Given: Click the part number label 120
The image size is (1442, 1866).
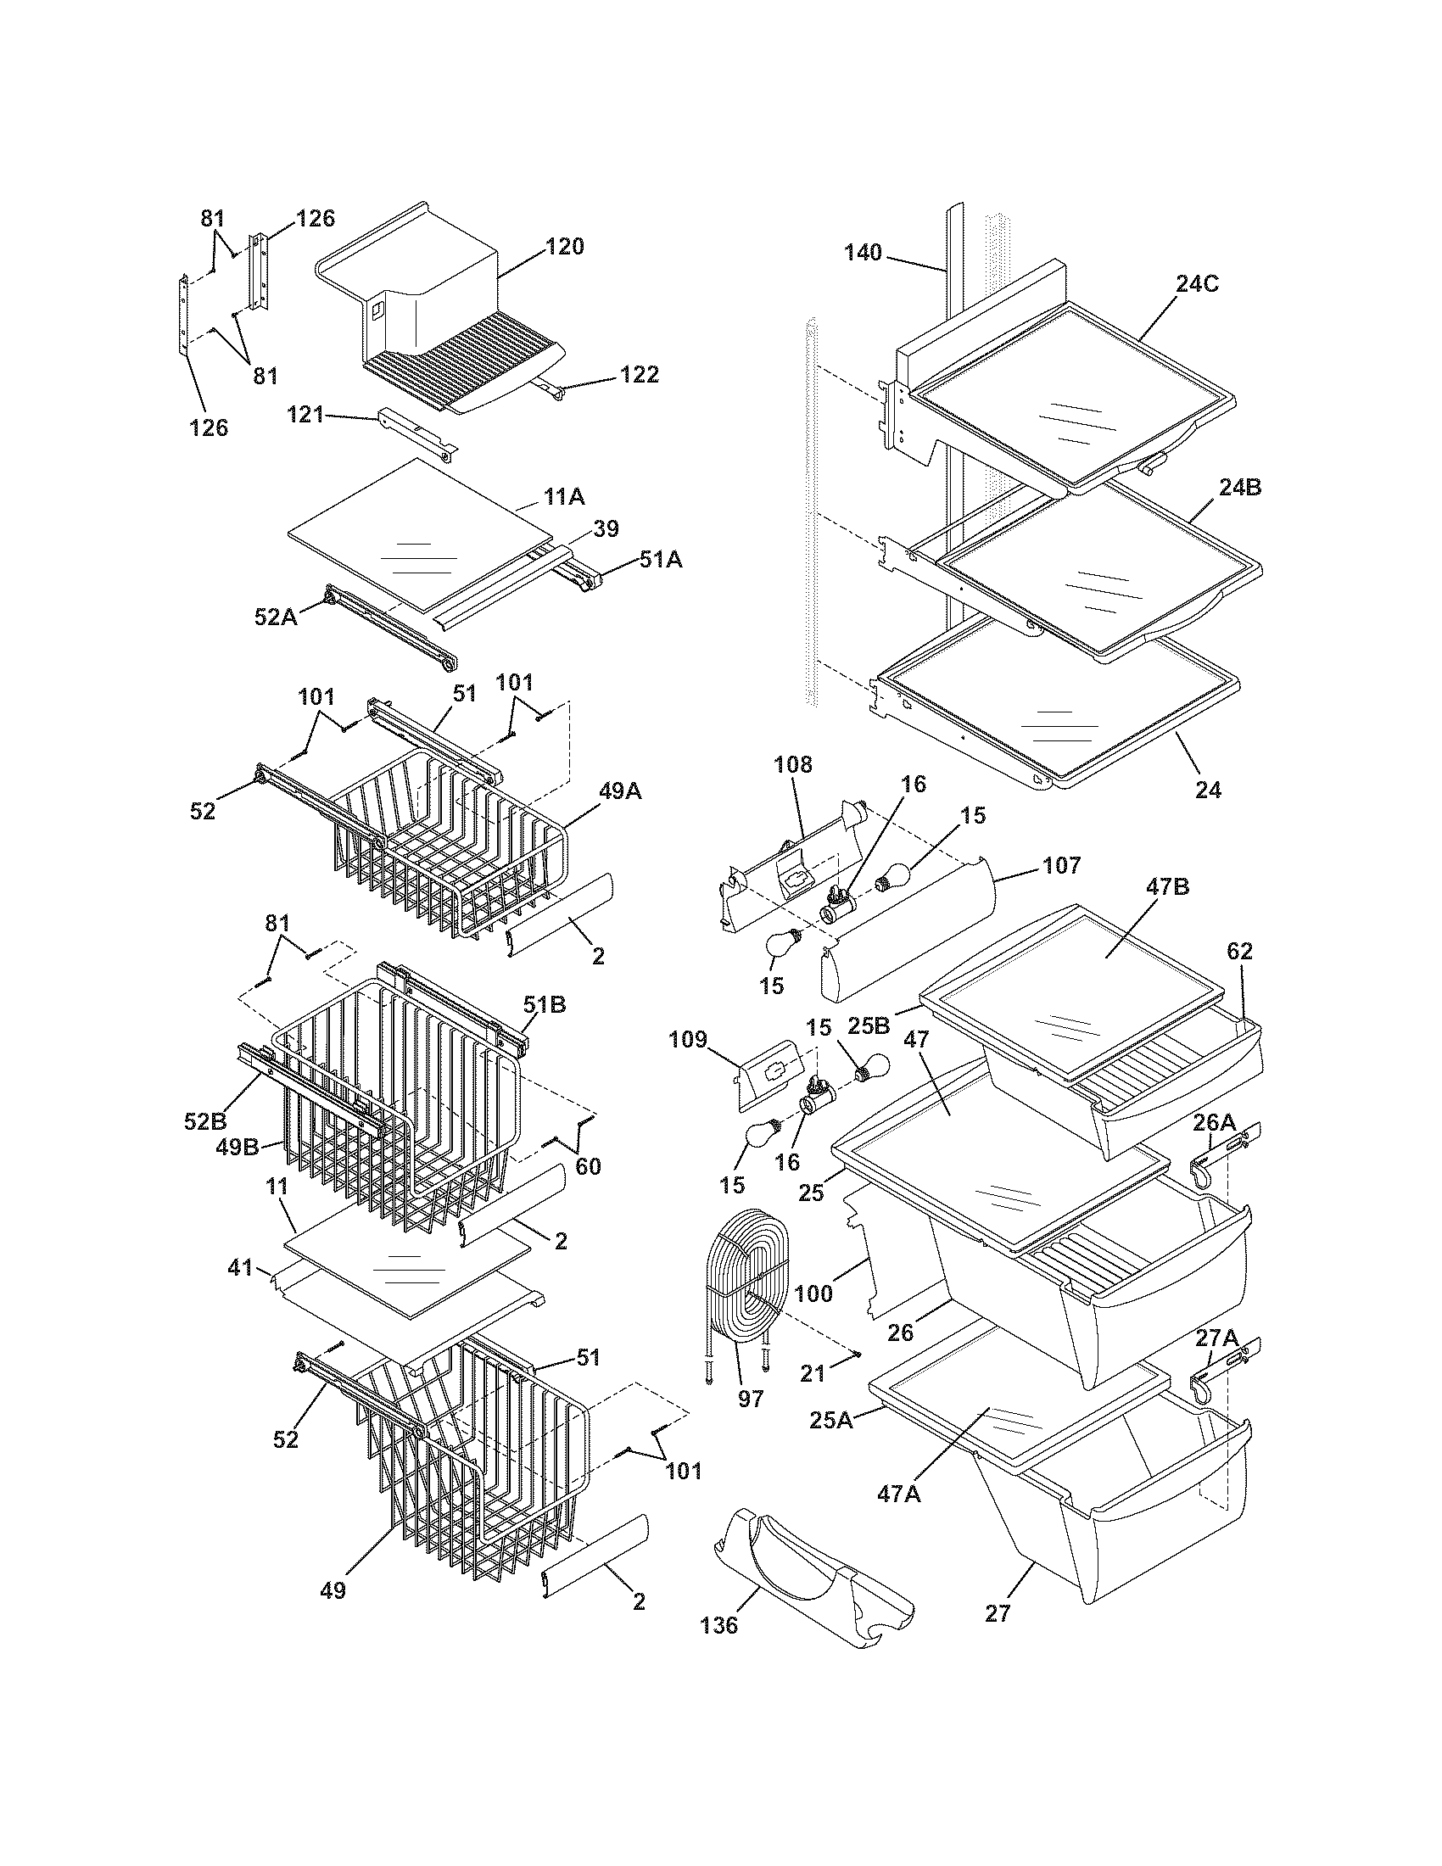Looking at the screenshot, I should [566, 247].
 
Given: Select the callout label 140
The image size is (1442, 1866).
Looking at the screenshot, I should [863, 253].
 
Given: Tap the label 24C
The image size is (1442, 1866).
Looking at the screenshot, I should [1197, 284].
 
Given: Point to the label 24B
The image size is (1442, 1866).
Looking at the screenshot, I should [1240, 488].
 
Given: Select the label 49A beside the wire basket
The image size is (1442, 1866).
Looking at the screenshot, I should [620, 792].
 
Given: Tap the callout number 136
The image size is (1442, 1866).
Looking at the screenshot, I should [718, 1625].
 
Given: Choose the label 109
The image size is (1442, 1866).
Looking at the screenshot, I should [688, 1040].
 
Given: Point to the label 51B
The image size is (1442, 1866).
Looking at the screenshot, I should [545, 1004].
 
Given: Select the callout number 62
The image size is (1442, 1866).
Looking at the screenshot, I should [1240, 951].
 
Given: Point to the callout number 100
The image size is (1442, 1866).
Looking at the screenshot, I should [813, 1293].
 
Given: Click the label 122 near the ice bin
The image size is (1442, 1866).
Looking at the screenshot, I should [639, 374].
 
